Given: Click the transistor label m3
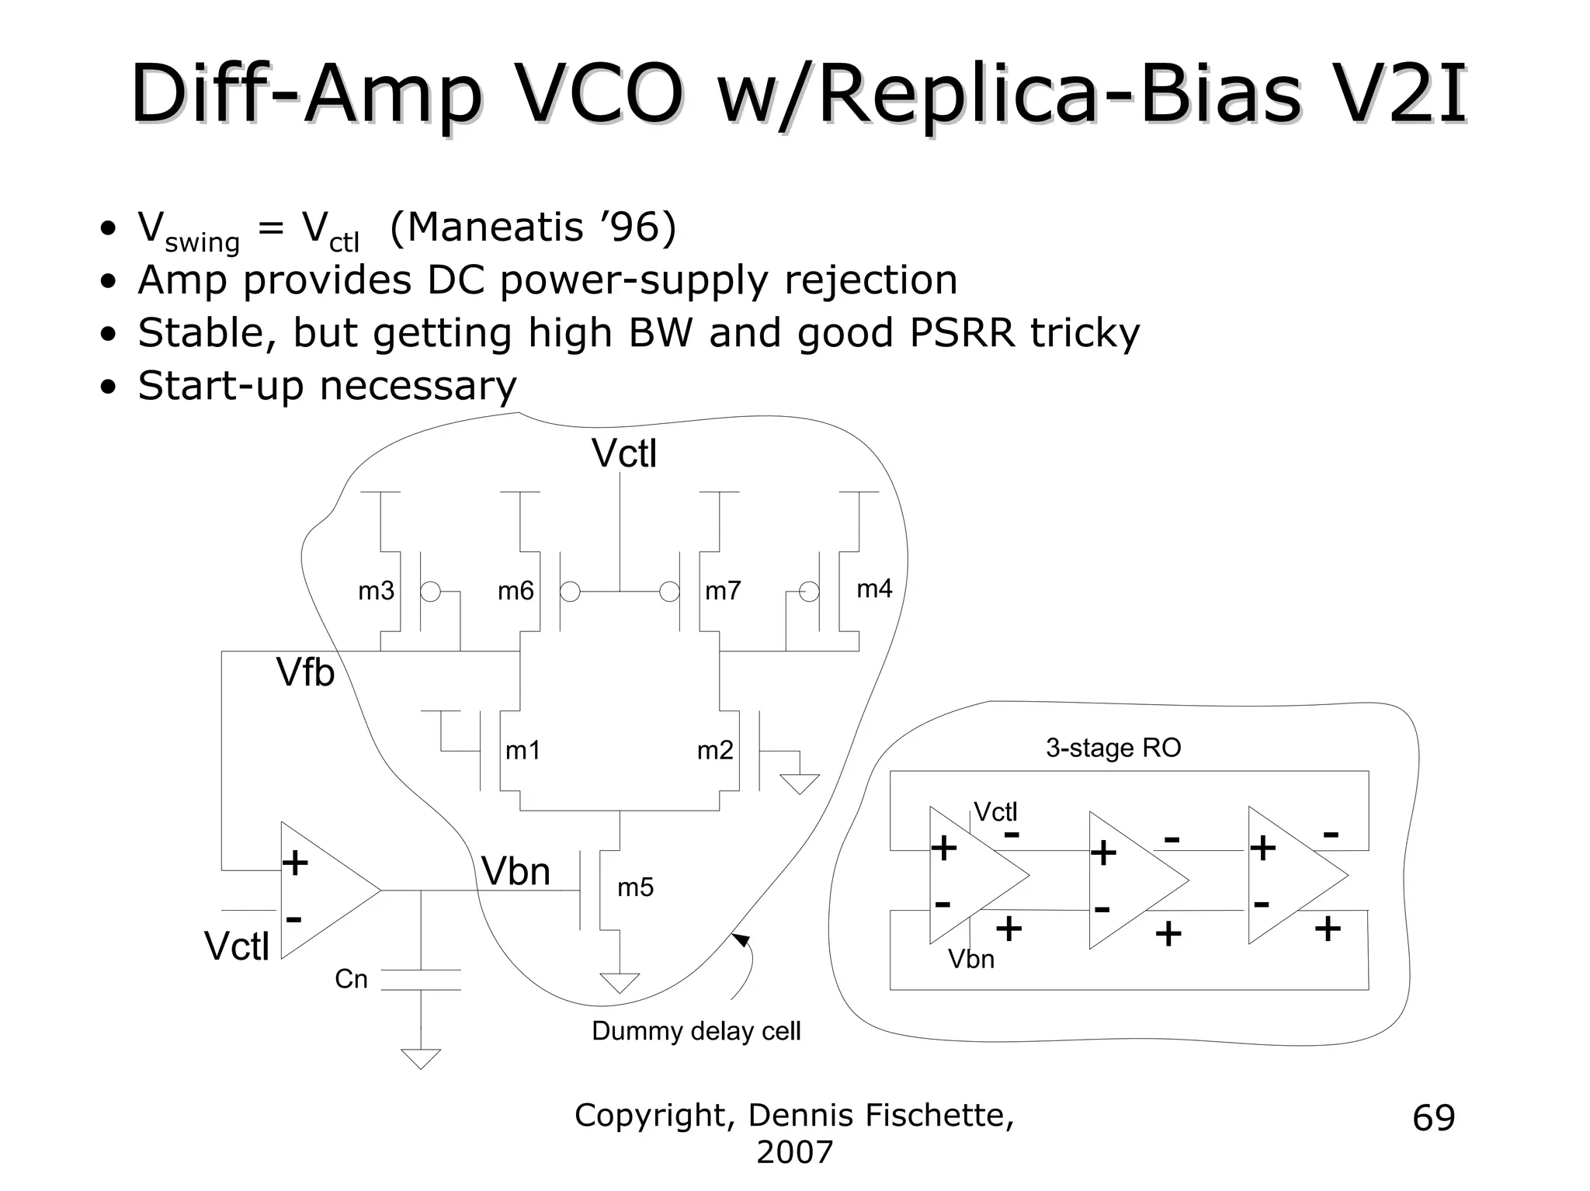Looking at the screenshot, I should pos(376,592).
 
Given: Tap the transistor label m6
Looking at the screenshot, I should pos(516,592).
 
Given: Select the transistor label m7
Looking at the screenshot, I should pos(723,592).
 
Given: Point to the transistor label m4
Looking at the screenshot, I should pos(874,589).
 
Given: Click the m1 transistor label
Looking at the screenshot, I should pos(522,751).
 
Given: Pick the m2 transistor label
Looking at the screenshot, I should pos(715,751).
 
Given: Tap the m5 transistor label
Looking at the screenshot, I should pos(635,887).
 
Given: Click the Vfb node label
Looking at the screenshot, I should pos(305,672).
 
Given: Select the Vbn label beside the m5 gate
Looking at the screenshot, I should pos(516,872).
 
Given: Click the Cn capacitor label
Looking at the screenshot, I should pos(351,979).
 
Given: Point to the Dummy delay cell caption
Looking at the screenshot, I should pos(696,1031).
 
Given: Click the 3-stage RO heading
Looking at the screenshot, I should pos(1113,748).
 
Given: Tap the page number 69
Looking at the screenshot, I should pos(1433,1118).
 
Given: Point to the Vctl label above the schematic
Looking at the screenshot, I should pos(624,454).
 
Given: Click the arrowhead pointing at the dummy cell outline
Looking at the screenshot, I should pos(741,940).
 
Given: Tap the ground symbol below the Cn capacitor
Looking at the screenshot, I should pos(421,1058).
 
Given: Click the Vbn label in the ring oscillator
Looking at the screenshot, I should pos(970,960).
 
